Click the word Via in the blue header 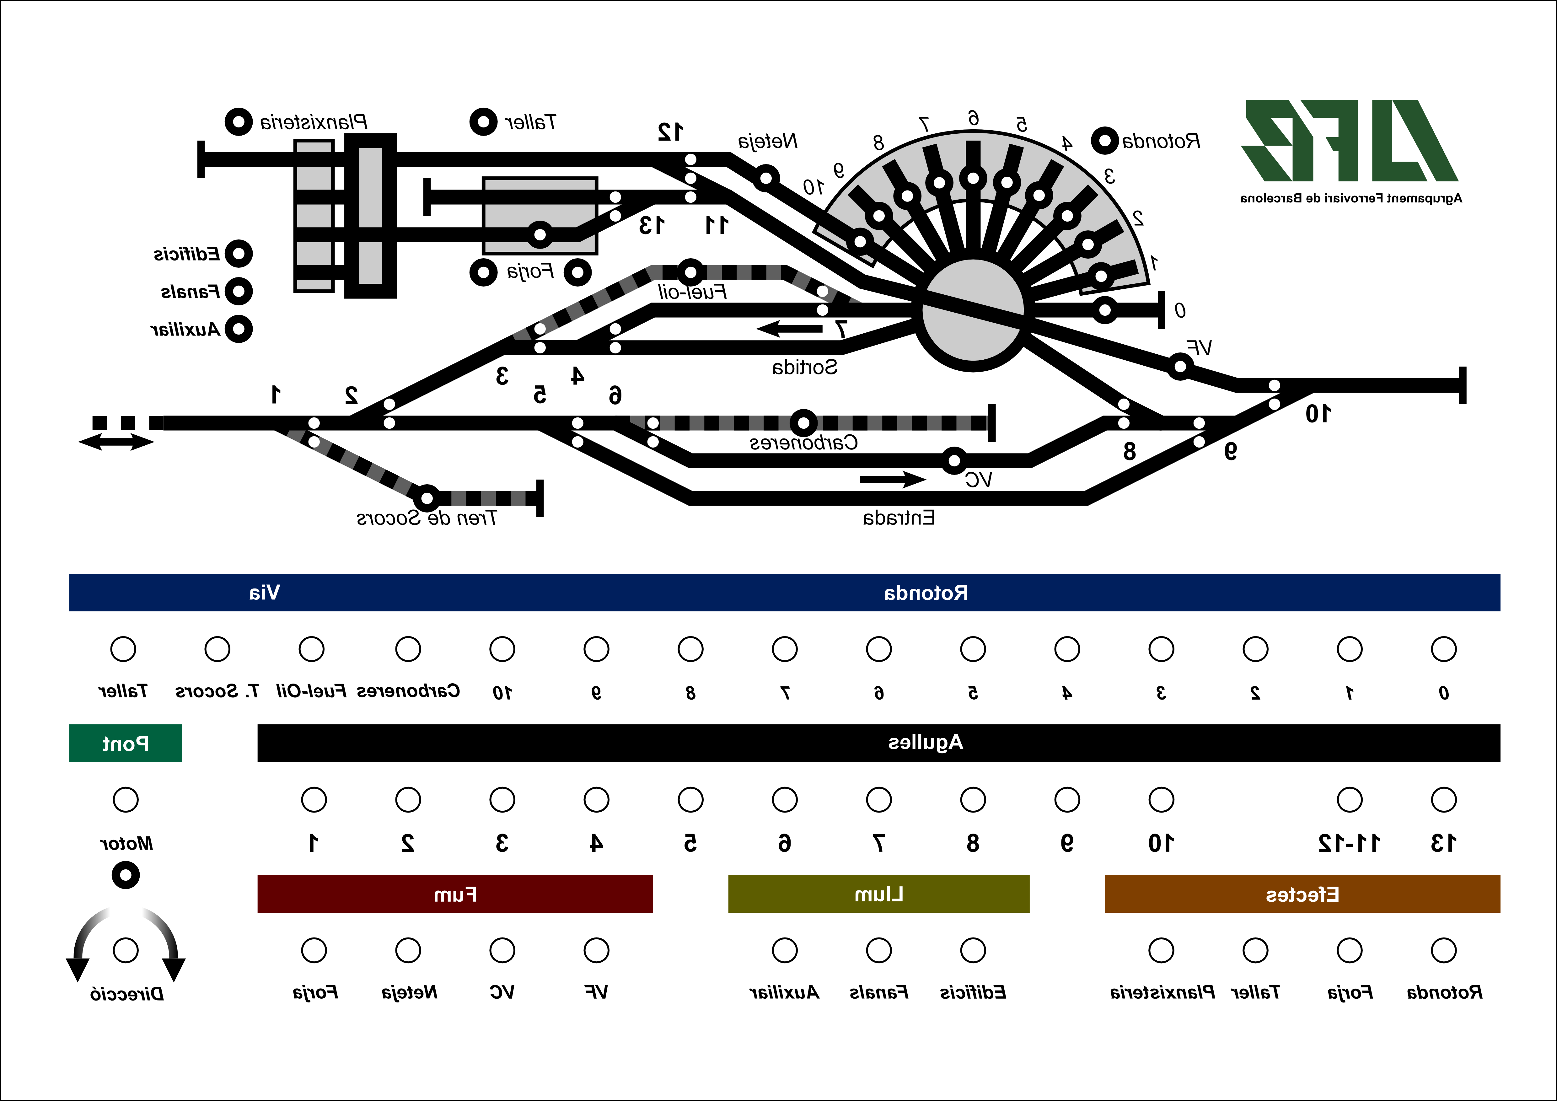[x=265, y=593]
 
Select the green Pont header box [x=126, y=744]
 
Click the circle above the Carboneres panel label [x=408, y=649]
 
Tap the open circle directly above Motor [x=126, y=799]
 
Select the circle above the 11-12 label [x=1350, y=799]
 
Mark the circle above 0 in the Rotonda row [x=1444, y=649]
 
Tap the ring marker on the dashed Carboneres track [x=803, y=423]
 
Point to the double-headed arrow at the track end [x=116, y=443]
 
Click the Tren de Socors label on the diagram [x=427, y=518]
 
